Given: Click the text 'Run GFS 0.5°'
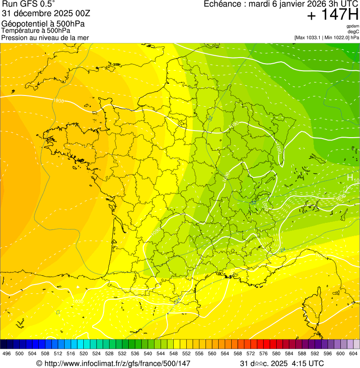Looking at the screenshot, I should (29, 5).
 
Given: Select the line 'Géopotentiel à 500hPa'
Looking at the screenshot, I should (43, 23).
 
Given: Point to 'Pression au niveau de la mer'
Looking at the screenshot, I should (45, 37).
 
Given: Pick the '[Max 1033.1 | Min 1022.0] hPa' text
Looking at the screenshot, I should (326, 37).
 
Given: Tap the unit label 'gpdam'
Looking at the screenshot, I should (353, 26).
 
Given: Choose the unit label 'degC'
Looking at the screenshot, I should (353, 32).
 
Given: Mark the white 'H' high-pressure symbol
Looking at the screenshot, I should (350, 177).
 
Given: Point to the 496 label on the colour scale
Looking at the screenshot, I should (7, 354).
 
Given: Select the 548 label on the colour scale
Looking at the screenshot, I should (174, 354).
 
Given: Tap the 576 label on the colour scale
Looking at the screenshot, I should (264, 354).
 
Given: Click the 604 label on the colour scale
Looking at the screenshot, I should (353, 354).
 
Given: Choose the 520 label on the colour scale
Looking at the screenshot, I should (84, 354).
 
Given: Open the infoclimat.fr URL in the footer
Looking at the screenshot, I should (113, 363).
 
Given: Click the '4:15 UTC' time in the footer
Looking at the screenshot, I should (308, 363).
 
